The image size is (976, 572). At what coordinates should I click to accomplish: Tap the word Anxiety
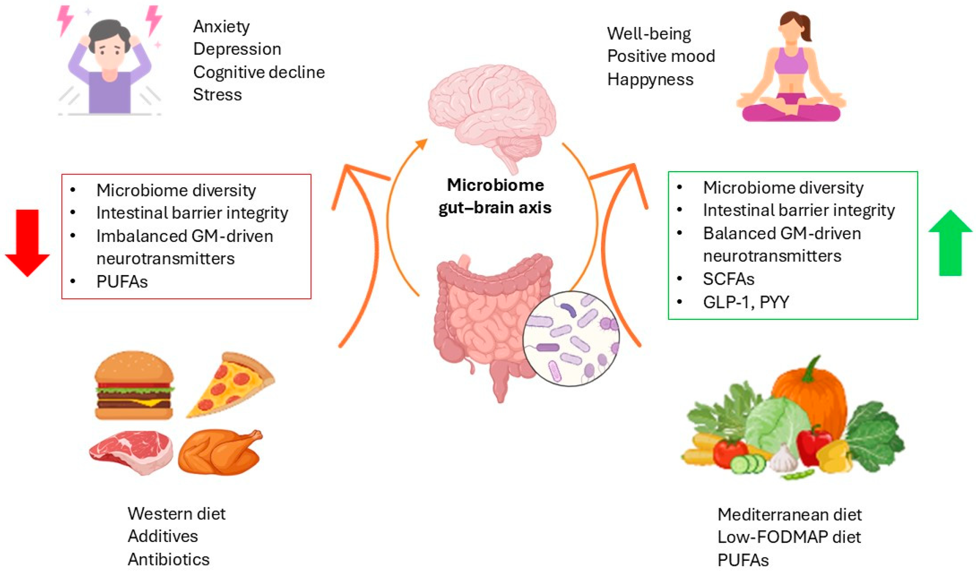(221, 26)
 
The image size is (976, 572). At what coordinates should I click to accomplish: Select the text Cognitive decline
(259, 72)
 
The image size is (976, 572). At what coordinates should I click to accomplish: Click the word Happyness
(650, 79)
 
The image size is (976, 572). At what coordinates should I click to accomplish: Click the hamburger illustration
(134, 385)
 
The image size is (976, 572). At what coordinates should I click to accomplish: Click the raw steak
(132, 451)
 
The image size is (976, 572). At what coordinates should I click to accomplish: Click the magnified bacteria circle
(571, 339)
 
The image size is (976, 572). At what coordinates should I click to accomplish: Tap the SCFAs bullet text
(728, 279)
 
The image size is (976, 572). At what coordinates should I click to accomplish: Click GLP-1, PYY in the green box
(745, 302)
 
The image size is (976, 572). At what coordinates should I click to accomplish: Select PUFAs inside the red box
(122, 282)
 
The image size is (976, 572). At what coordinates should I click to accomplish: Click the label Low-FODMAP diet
(789, 537)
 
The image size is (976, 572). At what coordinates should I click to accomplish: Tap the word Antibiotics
(169, 559)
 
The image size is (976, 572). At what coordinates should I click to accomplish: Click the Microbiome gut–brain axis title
(495, 196)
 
